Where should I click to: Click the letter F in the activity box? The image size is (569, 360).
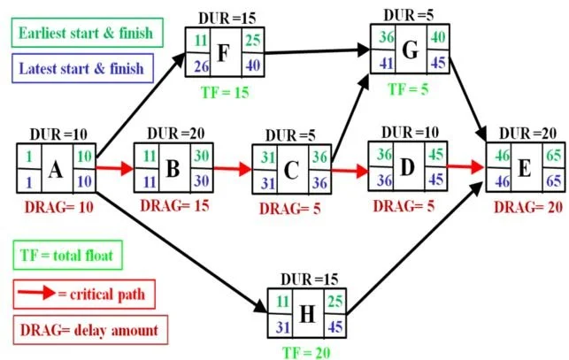[x=223, y=53]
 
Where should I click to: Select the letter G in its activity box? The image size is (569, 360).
[x=411, y=50]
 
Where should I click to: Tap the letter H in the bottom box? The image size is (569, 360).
[x=307, y=314]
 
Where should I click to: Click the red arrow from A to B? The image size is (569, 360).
[x=115, y=168]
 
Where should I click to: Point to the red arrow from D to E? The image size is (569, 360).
[x=466, y=167]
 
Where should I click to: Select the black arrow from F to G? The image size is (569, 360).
[x=317, y=51]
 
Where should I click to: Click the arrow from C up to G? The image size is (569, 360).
[x=350, y=119]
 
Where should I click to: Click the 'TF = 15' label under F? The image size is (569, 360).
[x=225, y=93]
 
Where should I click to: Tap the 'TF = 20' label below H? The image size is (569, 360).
[x=307, y=353]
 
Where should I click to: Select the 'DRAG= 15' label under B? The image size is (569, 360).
[x=175, y=206]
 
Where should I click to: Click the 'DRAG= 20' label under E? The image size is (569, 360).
[x=528, y=207]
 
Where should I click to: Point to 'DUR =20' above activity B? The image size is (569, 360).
[x=175, y=134]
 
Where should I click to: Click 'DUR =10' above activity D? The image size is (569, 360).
[x=410, y=133]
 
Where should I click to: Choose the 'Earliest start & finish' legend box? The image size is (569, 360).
[x=87, y=33]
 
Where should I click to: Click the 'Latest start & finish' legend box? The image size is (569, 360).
[x=82, y=68]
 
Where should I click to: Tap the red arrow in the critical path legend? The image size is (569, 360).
[x=36, y=293]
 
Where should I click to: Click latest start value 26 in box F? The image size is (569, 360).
[x=202, y=66]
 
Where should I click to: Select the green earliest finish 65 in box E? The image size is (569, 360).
[x=553, y=156]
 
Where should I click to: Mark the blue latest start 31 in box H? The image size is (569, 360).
[x=283, y=327]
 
